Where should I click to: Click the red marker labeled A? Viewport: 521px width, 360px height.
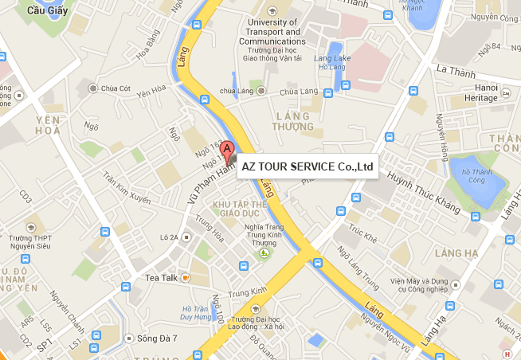tap(227, 149)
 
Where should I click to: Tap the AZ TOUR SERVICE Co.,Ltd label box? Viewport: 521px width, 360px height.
tap(308, 166)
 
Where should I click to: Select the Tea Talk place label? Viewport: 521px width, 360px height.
tap(162, 277)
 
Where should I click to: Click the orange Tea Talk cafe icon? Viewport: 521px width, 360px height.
tap(185, 277)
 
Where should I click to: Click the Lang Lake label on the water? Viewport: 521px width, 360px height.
tap(333, 61)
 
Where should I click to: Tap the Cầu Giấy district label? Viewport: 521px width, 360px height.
tap(45, 10)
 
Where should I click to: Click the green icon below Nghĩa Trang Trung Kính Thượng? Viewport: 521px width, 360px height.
tap(264, 253)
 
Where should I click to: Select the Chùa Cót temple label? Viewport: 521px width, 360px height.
tap(116, 88)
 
